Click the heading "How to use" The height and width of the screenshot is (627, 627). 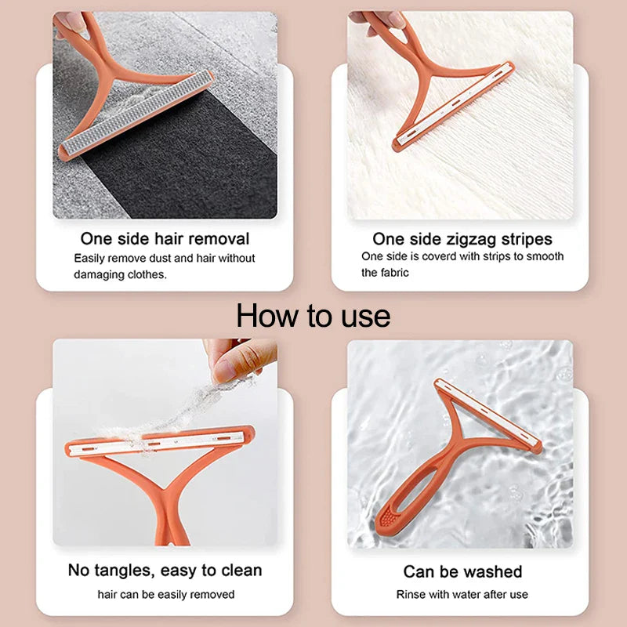(313, 316)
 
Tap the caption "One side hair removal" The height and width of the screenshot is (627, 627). (165, 238)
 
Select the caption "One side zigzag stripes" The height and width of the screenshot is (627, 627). (462, 238)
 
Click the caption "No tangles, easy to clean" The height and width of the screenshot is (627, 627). (165, 570)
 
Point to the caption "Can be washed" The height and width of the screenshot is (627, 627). (462, 571)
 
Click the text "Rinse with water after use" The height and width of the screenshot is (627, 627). (462, 595)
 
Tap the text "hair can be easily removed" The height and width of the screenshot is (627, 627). (165, 595)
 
